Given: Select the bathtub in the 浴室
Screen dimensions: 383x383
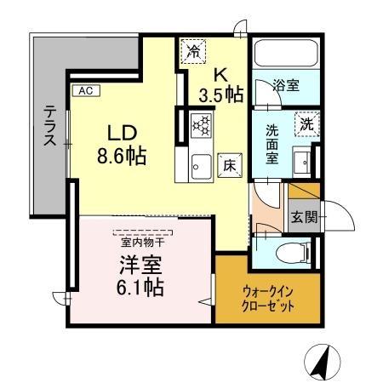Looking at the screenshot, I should (285, 55).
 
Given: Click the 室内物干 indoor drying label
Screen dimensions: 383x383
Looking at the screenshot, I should (141, 241).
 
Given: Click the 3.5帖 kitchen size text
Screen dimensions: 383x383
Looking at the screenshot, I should (220, 94).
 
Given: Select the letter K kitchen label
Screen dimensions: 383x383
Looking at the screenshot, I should (218, 73).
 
